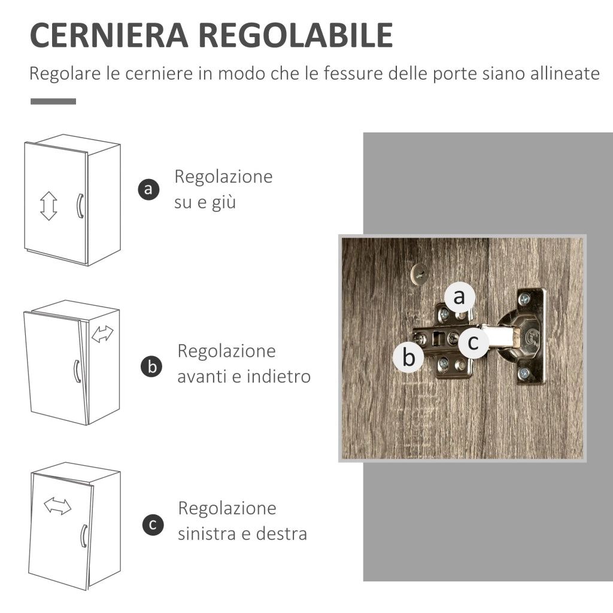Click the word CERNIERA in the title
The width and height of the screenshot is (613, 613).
(x=108, y=35)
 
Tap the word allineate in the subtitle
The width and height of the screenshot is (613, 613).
(x=565, y=74)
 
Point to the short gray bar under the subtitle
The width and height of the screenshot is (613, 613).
(x=53, y=101)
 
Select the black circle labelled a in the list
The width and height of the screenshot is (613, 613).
(x=149, y=189)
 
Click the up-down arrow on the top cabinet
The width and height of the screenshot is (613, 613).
(x=48, y=206)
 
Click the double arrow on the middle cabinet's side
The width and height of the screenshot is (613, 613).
(x=102, y=335)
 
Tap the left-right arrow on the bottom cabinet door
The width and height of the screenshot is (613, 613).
(x=57, y=506)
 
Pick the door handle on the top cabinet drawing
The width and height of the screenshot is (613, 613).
(x=78, y=206)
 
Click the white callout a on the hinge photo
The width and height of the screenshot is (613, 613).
(x=459, y=296)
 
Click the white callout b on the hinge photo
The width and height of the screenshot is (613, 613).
(x=409, y=357)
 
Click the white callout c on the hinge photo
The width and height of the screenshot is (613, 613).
(x=473, y=342)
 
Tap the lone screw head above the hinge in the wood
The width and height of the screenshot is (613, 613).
(x=421, y=273)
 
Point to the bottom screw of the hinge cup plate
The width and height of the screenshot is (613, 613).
(x=524, y=373)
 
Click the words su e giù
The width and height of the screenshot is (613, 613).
(x=205, y=202)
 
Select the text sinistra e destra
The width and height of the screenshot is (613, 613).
(x=242, y=533)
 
